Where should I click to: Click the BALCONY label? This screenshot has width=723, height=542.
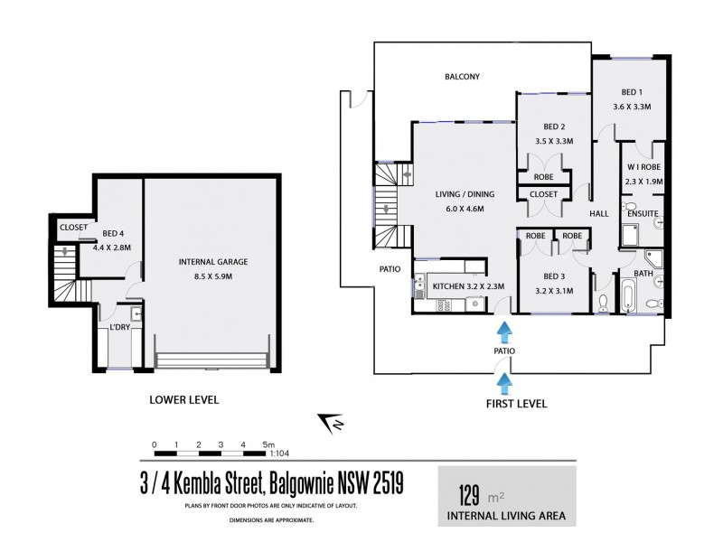(x=461, y=77)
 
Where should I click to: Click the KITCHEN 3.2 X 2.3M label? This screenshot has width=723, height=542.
(x=467, y=286)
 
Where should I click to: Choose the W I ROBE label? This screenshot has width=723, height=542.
(x=644, y=168)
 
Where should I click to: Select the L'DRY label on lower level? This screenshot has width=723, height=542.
(x=120, y=326)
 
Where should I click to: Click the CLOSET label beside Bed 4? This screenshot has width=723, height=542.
(x=72, y=228)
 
